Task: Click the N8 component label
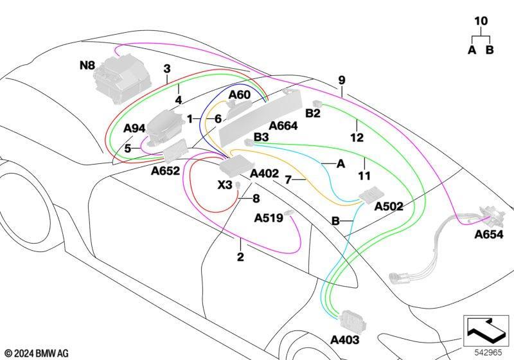tap(87, 66)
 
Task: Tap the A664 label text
tap(283, 126)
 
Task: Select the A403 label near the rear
tap(345, 340)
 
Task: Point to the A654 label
tap(489, 235)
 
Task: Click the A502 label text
tap(389, 206)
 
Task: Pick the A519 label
tap(269, 218)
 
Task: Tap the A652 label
tap(165, 171)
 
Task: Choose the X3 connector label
tap(225, 185)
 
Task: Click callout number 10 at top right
tap(481, 21)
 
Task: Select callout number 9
tap(342, 80)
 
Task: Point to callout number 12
tap(357, 138)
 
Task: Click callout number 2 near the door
tap(240, 256)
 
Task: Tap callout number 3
tap(167, 69)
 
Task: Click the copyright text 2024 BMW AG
tap(37, 354)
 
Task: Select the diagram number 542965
tap(488, 352)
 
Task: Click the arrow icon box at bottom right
tap(486, 330)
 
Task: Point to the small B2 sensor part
tap(318, 104)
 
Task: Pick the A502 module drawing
tap(372, 195)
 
